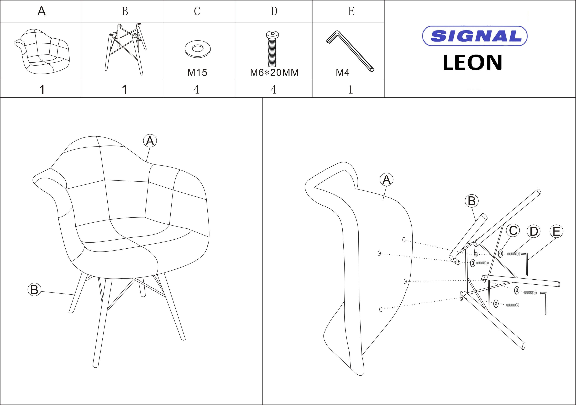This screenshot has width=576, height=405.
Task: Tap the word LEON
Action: (472, 63)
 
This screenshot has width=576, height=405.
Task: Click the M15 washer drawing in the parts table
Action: (197, 49)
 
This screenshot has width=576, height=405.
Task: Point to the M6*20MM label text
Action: (274, 73)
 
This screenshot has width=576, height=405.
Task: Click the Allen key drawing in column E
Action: (350, 51)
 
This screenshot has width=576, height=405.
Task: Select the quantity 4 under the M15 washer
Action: (196, 89)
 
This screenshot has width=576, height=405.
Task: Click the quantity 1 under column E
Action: (351, 89)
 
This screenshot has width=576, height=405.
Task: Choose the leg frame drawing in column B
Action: (125, 49)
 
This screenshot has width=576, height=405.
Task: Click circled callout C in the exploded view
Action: (513, 230)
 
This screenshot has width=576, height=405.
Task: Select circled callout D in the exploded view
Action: (534, 231)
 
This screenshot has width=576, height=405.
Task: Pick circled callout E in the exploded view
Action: (556, 231)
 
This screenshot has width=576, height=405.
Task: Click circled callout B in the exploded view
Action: (472, 201)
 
